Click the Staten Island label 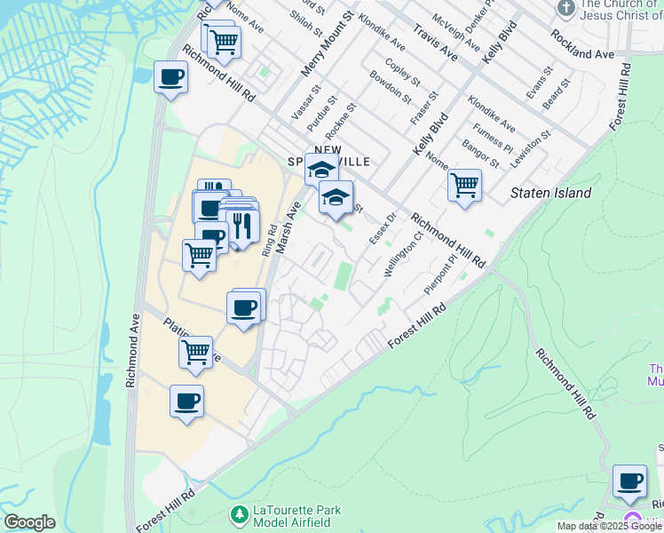(551, 193)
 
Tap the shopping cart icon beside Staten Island (464, 187)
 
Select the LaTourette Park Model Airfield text (298, 513)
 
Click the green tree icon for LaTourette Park (238, 514)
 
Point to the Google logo (29, 522)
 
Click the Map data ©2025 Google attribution (610, 526)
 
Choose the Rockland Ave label (582, 42)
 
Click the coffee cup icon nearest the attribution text (629, 481)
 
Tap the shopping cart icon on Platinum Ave (195, 353)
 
